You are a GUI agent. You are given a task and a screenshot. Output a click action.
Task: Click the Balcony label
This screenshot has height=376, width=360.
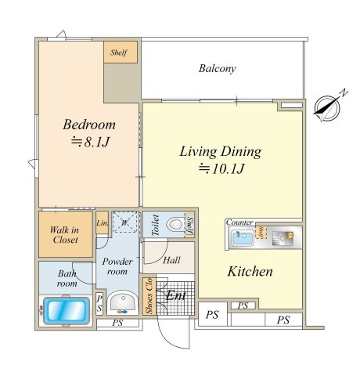[x=217, y=68]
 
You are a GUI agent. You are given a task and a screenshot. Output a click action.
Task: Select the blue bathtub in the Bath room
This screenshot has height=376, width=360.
[x=67, y=310]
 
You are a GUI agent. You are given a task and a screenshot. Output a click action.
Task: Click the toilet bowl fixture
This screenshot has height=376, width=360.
[x=175, y=224]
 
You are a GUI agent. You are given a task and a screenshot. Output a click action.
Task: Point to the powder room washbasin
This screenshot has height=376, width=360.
[x=123, y=302]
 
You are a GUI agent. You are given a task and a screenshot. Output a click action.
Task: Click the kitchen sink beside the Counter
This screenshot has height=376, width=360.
[x=243, y=238]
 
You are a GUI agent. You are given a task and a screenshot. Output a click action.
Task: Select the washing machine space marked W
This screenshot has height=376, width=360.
[x=125, y=222]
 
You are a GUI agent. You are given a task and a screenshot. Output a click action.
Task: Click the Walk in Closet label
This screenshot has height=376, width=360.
[x=65, y=235]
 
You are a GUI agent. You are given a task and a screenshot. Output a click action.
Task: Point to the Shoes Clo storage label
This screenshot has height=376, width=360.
[x=149, y=296]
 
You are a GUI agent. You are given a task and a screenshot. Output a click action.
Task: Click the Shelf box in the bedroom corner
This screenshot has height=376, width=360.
[x=121, y=52]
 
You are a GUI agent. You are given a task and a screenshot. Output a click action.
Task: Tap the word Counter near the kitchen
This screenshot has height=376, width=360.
[x=239, y=222]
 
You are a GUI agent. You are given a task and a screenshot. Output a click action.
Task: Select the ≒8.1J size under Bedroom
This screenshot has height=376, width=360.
[x=90, y=143]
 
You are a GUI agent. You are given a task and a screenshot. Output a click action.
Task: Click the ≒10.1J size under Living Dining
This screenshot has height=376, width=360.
[x=221, y=168]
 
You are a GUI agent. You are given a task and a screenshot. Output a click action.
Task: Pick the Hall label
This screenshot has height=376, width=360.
[x=171, y=260]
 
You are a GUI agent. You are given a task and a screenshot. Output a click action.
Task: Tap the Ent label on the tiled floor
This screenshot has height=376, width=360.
[x=176, y=295]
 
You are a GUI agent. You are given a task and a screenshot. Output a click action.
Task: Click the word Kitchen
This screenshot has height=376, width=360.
[x=250, y=271]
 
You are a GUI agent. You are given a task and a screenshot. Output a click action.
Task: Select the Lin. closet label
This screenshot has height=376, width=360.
[x=102, y=223]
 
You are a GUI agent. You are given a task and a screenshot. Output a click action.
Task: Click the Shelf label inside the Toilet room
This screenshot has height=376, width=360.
[x=189, y=225]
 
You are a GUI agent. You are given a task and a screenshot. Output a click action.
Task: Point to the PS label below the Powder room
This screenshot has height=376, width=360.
[x=117, y=323]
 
